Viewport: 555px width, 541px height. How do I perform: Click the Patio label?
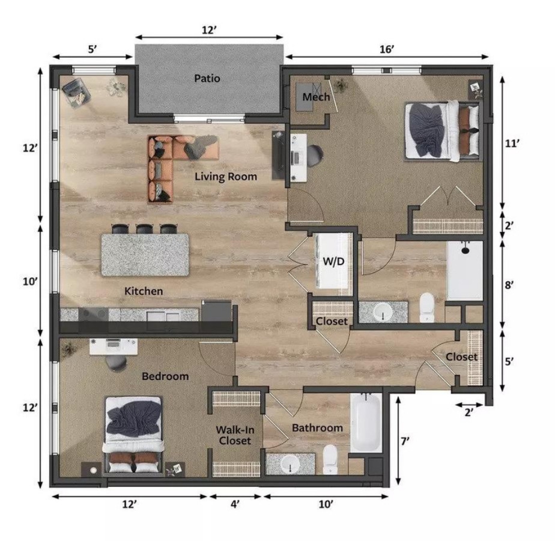207,78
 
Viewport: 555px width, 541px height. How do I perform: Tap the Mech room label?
316,97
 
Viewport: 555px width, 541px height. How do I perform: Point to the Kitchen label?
144,291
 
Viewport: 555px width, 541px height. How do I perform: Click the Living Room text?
225,177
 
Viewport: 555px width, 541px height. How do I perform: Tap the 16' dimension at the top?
386,49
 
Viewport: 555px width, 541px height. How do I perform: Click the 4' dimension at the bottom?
235,505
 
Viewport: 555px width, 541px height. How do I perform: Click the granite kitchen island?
145,254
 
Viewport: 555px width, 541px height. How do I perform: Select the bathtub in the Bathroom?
366,422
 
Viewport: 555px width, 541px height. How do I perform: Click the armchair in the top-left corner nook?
76,91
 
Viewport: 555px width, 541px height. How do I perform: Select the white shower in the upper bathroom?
465,270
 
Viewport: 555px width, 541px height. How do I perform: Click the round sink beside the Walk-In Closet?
290,465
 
